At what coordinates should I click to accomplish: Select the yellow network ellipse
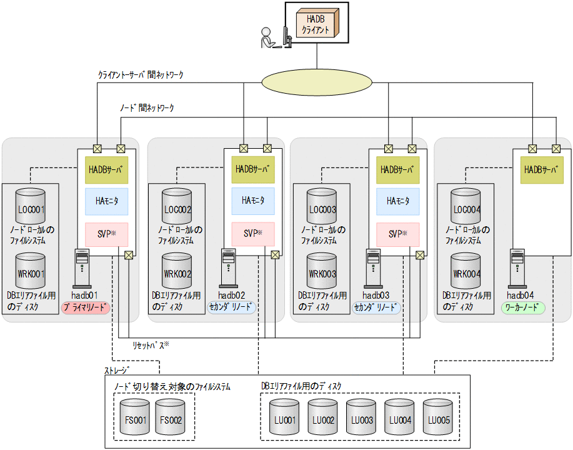tap(317, 82)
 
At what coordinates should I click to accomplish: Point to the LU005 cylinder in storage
tap(437, 417)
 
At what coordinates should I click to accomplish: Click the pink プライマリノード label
tap(86, 308)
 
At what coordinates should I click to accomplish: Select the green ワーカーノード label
tap(523, 308)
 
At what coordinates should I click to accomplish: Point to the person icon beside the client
tap(267, 39)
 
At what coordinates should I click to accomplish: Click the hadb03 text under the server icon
tap(376, 295)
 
